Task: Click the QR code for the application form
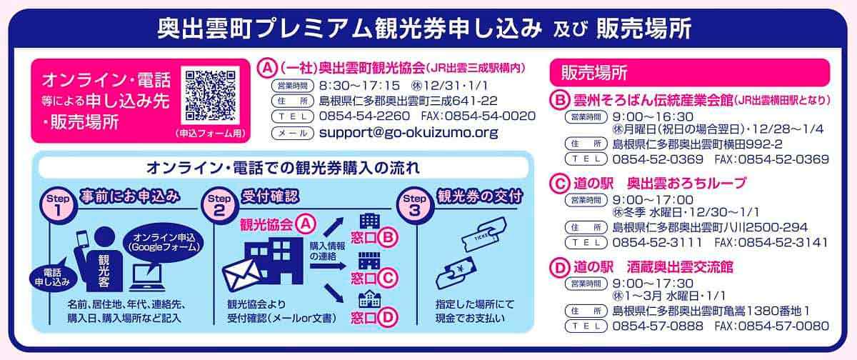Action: tap(210, 96)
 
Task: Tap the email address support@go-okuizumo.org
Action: tap(409, 133)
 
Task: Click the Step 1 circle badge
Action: tap(58, 206)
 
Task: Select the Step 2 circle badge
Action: tap(220, 206)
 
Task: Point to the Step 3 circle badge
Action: tap(415, 206)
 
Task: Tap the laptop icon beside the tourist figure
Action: tap(148, 278)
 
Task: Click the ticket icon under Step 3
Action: tap(483, 234)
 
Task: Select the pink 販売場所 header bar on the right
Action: tap(690, 73)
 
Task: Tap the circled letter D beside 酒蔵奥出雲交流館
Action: tap(559, 267)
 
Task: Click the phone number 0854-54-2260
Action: tap(364, 116)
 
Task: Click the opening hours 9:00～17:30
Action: tap(653, 284)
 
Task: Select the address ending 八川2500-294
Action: tap(710, 227)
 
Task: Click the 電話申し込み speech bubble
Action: tap(52, 276)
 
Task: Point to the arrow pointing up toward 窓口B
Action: tap(334, 227)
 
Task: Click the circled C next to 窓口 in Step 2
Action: tap(388, 278)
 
